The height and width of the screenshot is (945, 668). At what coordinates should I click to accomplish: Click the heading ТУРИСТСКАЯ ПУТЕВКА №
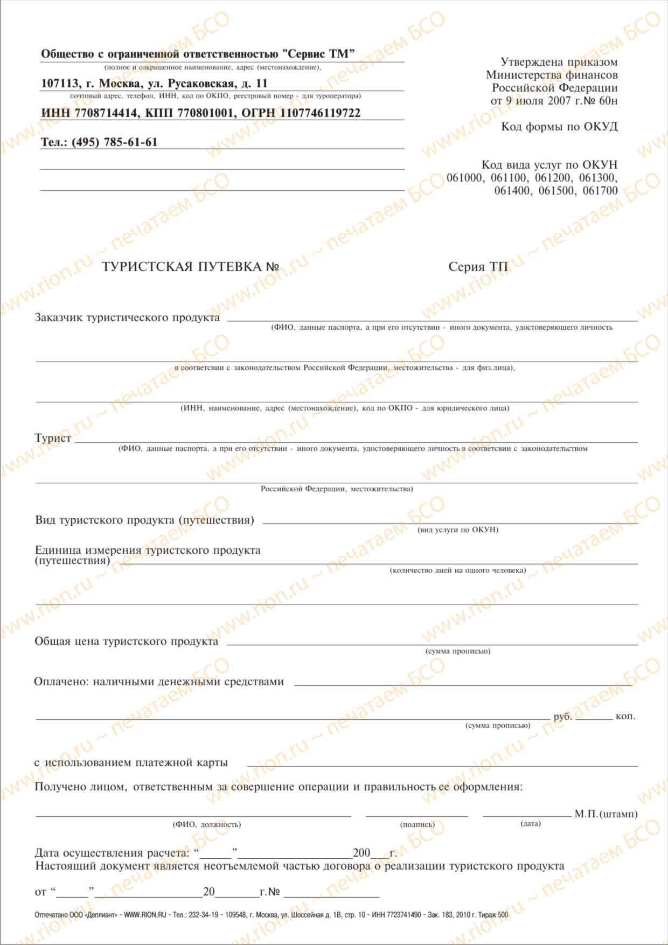click(x=191, y=267)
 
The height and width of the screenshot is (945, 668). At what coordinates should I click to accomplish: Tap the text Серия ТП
click(x=478, y=267)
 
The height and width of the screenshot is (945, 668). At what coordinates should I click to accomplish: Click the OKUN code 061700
click(x=600, y=191)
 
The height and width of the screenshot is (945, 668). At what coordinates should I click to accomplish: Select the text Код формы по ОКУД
click(x=559, y=127)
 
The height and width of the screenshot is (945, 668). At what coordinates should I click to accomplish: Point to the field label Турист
click(x=53, y=439)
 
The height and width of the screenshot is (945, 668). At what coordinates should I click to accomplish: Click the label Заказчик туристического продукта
click(x=127, y=318)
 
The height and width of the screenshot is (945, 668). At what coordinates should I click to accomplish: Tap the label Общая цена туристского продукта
click(x=127, y=642)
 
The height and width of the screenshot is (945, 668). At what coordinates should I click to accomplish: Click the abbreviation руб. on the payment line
click(x=562, y=717)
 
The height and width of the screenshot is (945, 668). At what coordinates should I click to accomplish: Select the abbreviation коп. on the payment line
click(x=625, y=717)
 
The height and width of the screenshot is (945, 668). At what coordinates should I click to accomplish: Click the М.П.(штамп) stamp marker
click(x=606, y=814)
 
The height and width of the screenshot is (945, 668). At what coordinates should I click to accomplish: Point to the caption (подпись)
click(x=417, y=825)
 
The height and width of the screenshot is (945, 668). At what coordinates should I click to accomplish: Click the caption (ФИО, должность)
click(x=207, y=825)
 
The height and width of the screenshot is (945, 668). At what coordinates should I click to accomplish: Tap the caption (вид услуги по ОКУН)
click(x=458, y=530)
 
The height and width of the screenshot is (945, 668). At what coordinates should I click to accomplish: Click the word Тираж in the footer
click(x=486, y=915)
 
